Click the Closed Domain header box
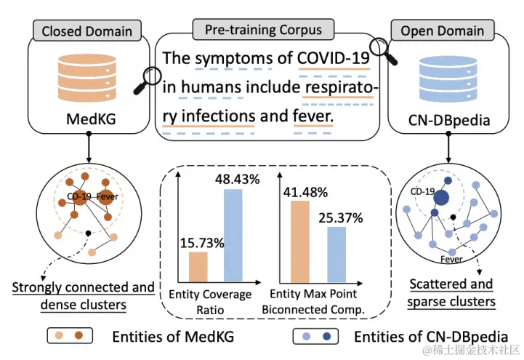86,31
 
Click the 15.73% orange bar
198,265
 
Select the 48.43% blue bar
233,235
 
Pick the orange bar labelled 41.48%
299,241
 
